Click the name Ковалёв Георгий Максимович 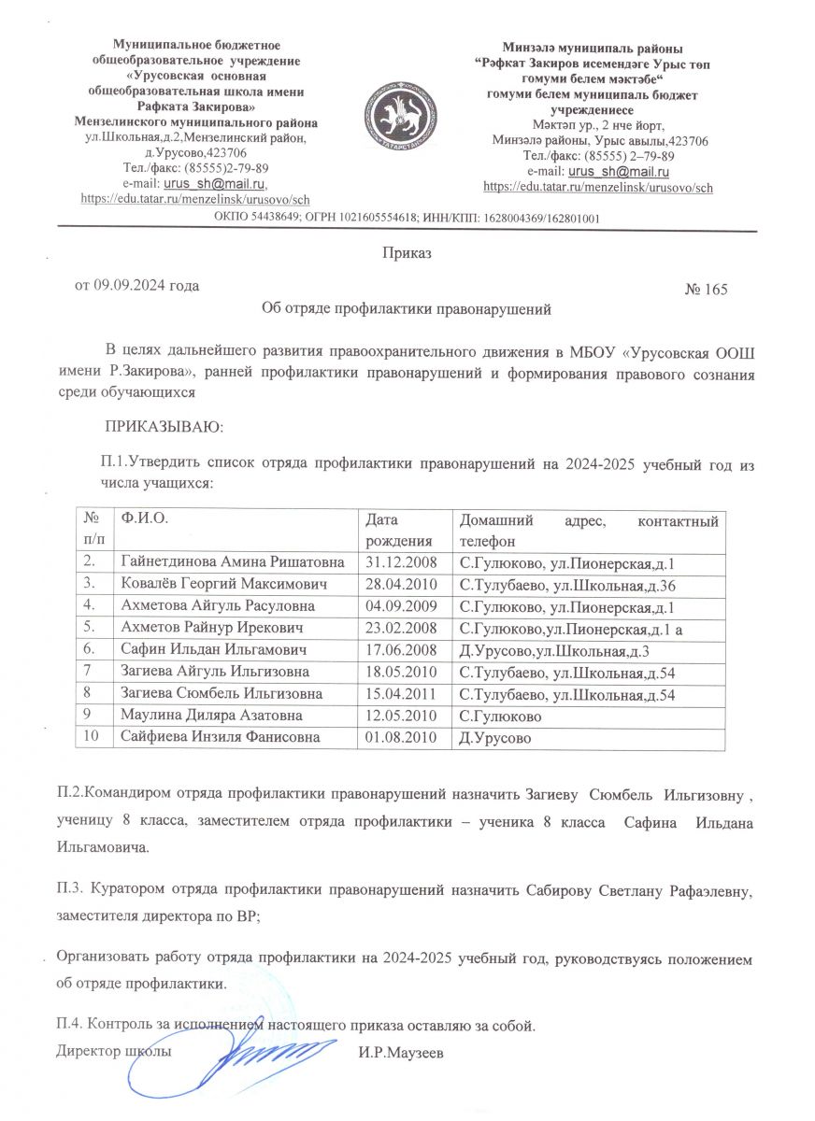pos(223,585)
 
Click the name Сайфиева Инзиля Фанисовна pos(221,736)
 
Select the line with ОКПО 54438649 pos(407,218)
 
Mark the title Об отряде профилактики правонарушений pos(407,306)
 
